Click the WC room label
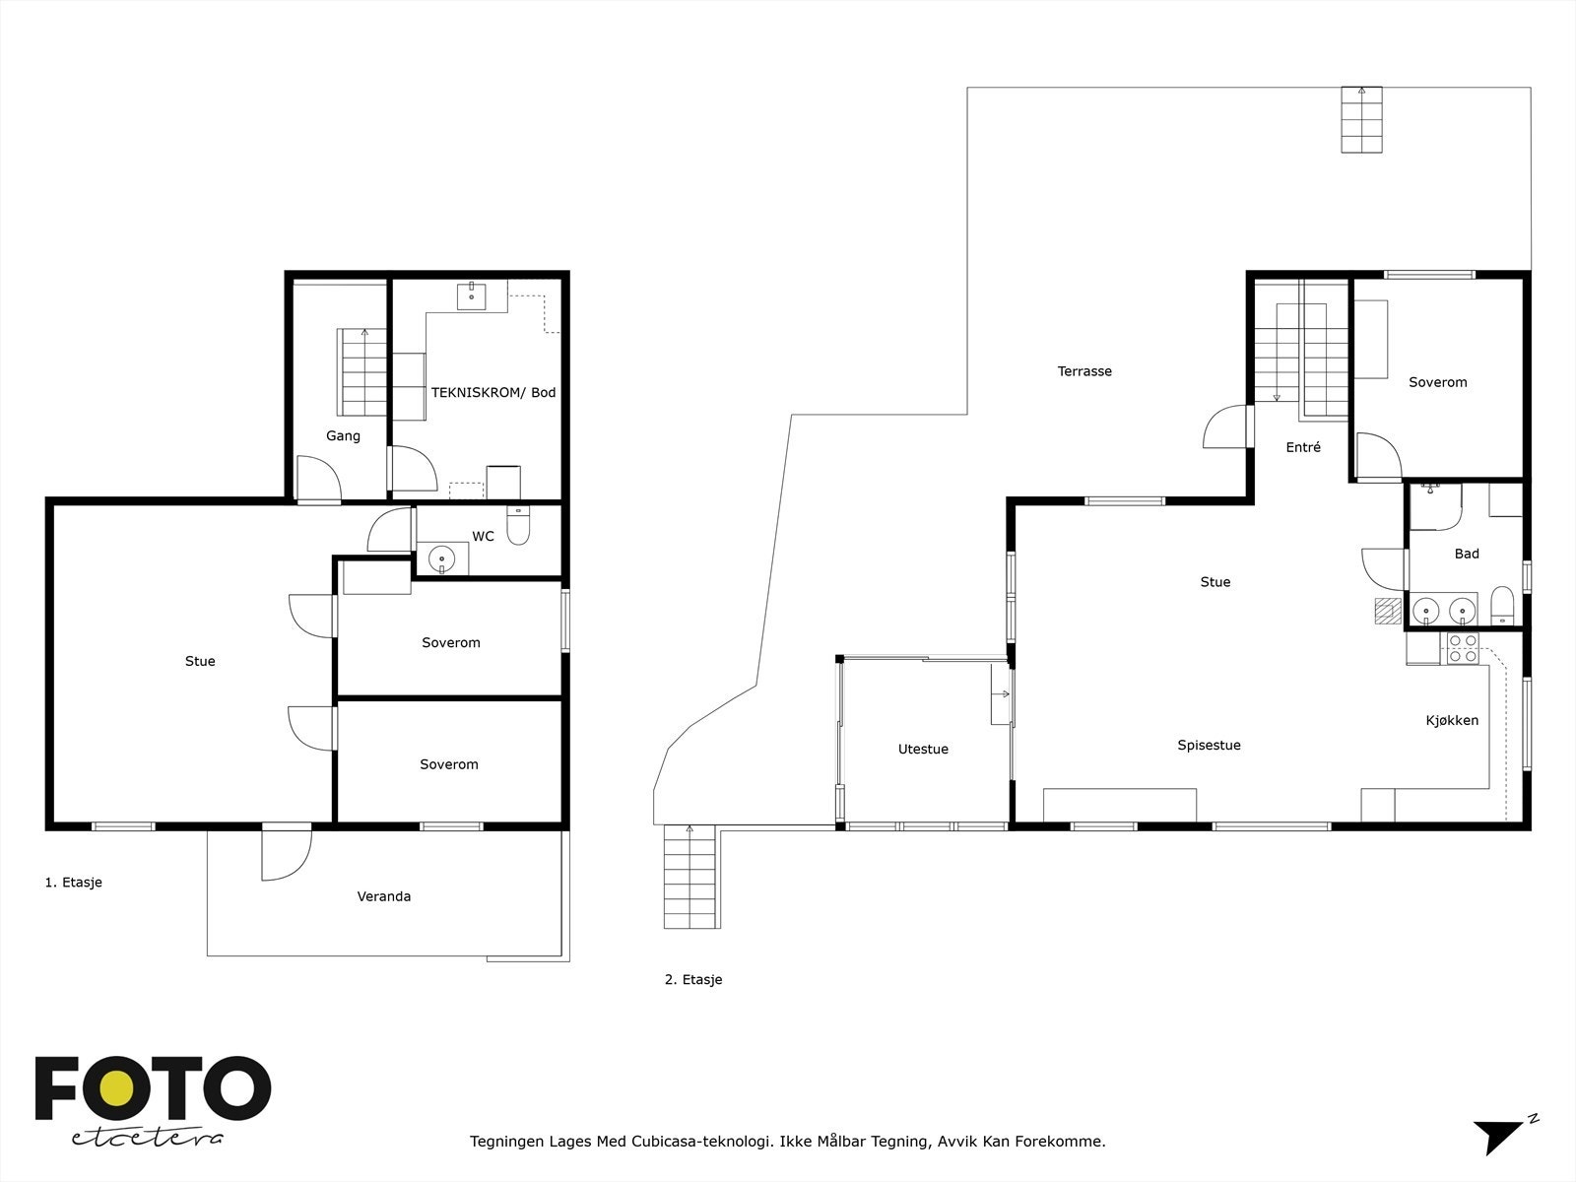coord(483,536)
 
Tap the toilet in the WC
coord(518,525)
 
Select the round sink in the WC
coord(441,558)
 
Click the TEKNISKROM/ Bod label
coord(493,393)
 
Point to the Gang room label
coord(343,435)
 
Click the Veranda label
coord(384,896)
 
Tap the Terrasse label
coord(1084,371)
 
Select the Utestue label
coord(923,750)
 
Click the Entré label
coord(1303,447)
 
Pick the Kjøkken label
coord(1452,721)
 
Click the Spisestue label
coord(1210,746)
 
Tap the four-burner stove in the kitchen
coord(1463,649)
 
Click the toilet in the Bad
coord(1502,606)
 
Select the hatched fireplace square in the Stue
coord(1388,612)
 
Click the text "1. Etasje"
coord(73,883)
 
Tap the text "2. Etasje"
coord(693,980)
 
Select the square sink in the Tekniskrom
coord(471,295)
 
